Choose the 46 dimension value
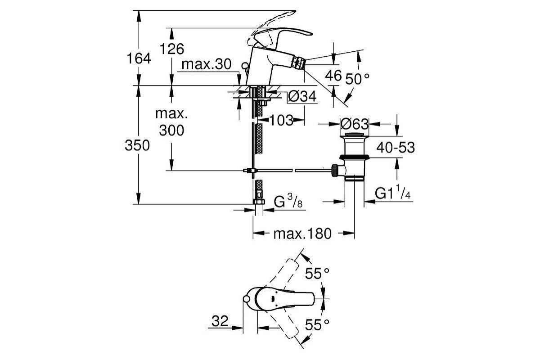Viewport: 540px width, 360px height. coord(333,76)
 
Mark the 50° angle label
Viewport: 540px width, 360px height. coord(357,79)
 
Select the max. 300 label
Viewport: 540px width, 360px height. coord(171,121)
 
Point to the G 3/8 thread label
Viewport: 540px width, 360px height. coord(288,202)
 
